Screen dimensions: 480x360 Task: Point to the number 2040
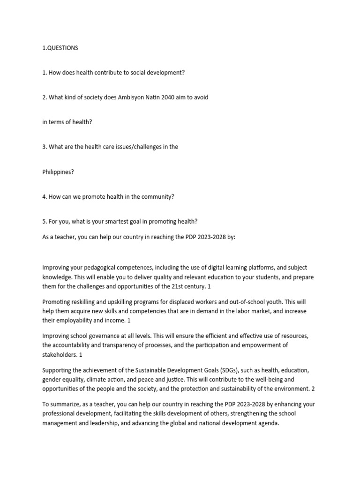(x=170, y=97)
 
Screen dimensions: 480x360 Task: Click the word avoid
(x=200, y=97)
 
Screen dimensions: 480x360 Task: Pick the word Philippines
(x=57, y=172)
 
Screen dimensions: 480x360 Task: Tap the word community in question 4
(x=158, y=197)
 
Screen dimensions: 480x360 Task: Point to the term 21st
(x=179, y=286)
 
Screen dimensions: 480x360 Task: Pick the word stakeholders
(x=60, y=355)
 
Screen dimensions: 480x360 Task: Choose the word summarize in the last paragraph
(x=64, y=405)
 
